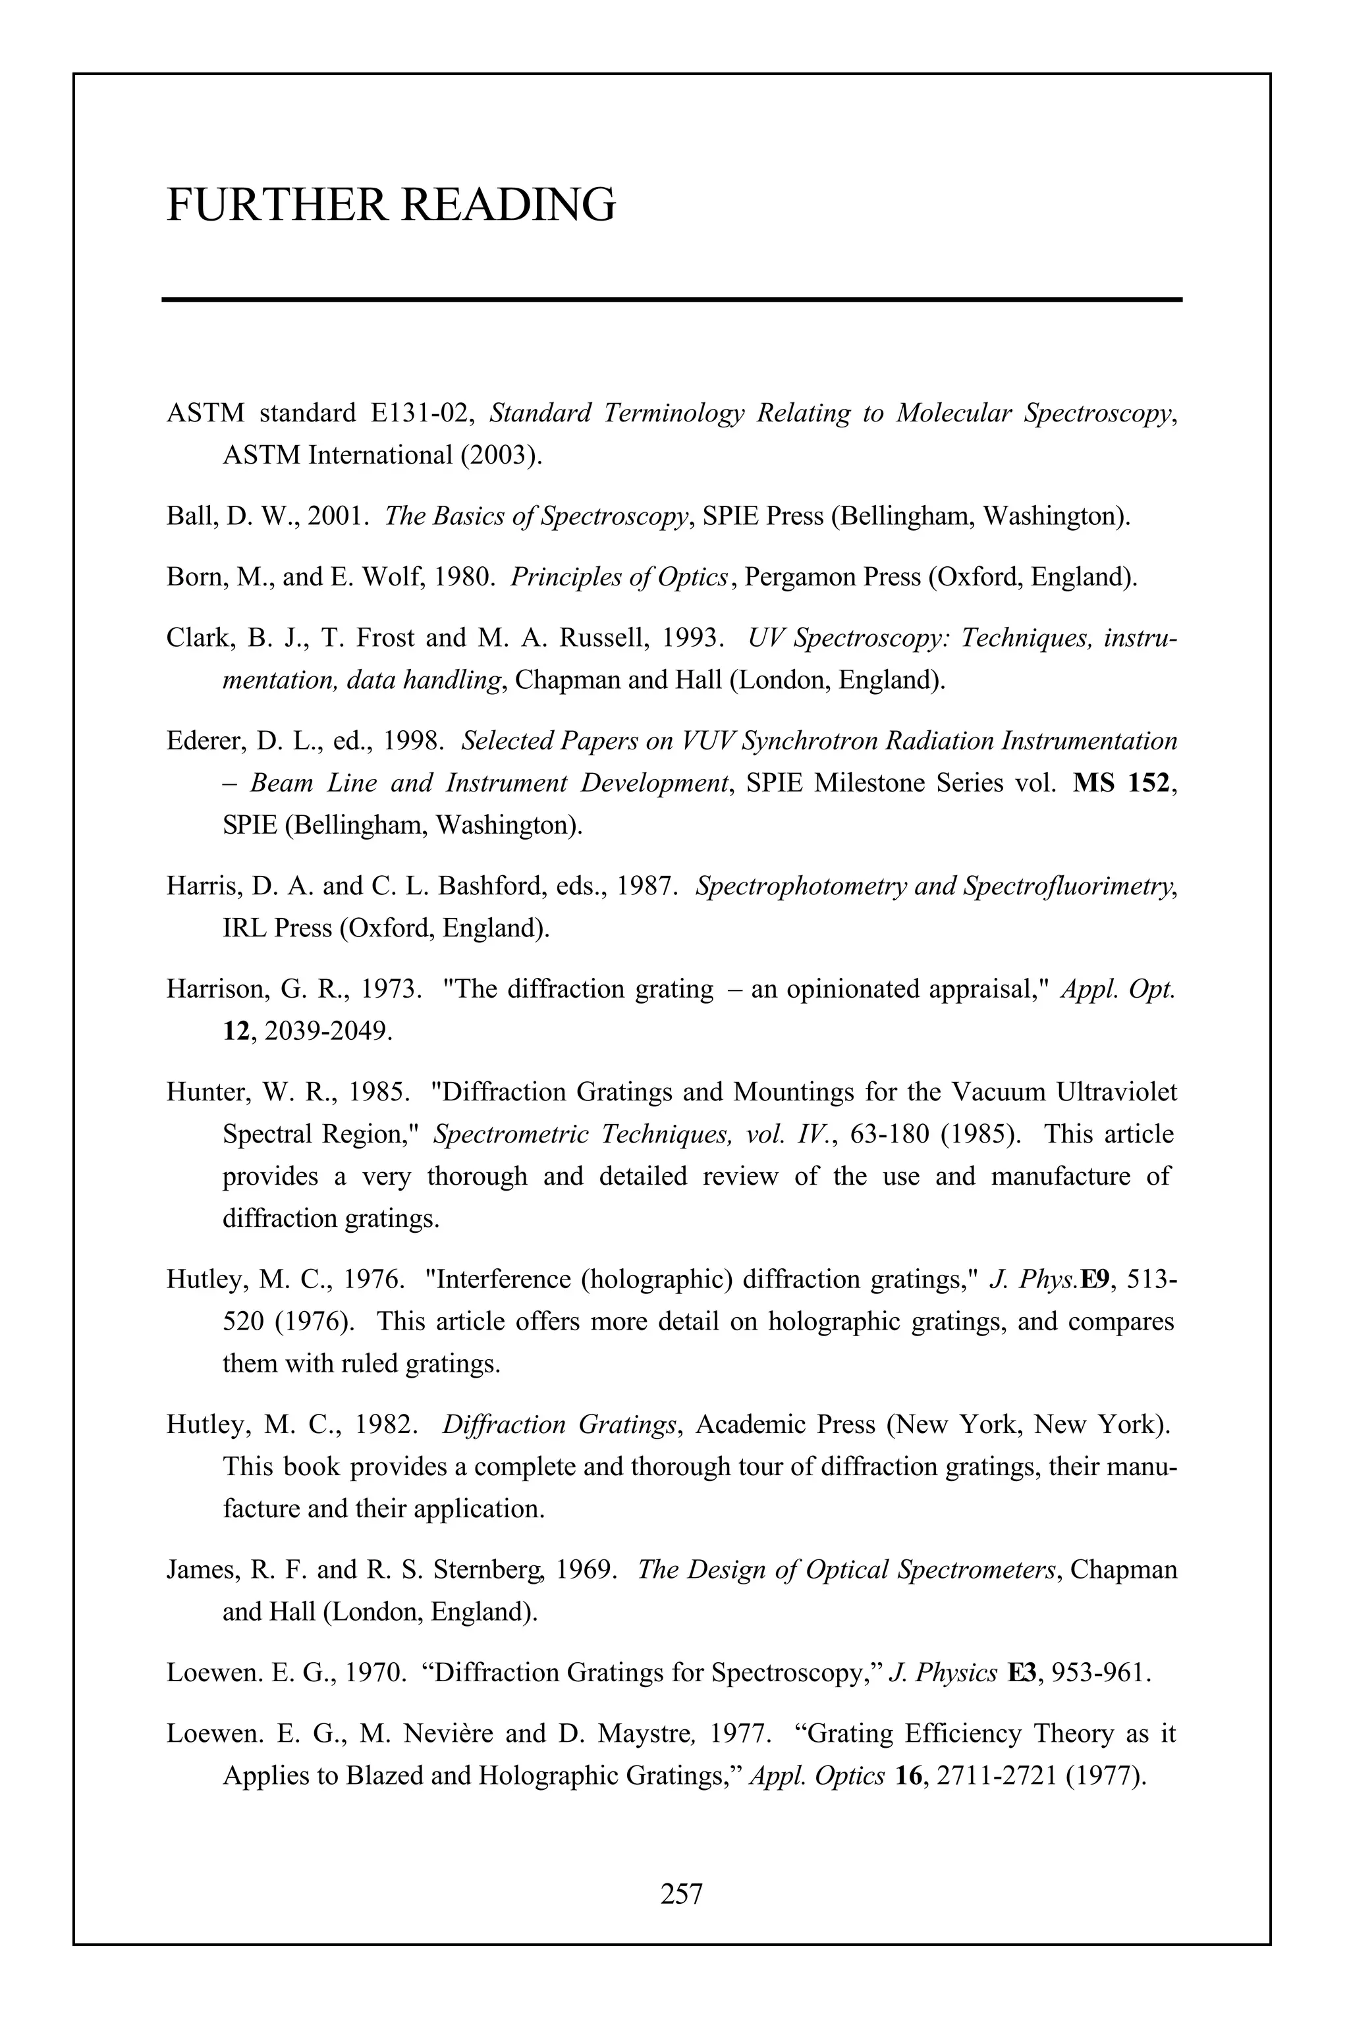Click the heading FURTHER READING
pos(391,205)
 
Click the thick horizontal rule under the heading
pos(672,300)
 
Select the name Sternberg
pos(483,1570)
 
